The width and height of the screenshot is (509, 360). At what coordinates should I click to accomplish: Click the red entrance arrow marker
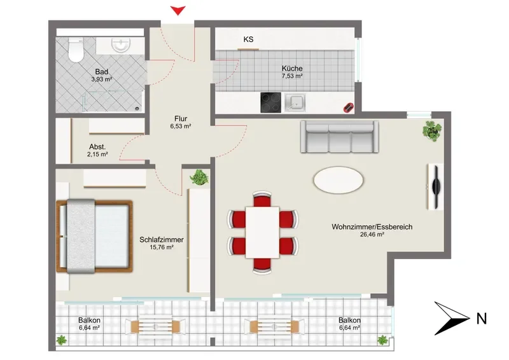pos(178,10)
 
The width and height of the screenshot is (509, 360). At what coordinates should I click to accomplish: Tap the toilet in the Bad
pos(76,50)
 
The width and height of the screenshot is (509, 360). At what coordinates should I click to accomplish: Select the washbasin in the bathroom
pos(121,45)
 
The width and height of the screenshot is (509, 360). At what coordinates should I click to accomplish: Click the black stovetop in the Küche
pos(271,102)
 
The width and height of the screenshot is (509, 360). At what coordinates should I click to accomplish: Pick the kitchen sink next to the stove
pos(295,102)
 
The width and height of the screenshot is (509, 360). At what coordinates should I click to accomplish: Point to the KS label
pos(248,39)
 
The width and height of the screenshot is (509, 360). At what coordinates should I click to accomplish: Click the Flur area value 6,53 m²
pos(181,127)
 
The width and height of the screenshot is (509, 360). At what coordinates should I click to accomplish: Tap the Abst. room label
pos(97,147)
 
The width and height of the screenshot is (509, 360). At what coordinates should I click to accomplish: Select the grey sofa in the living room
pos(339,137)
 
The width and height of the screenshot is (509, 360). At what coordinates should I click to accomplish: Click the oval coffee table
pos(338,180)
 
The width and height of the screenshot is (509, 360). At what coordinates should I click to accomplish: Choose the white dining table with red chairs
pos(262,232)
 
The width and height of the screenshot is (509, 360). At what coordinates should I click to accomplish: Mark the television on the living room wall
pos(436,186)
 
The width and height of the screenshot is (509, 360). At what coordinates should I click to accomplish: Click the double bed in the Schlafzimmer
pos(94,236)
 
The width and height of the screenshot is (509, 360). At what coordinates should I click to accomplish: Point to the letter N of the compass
pos(482,319)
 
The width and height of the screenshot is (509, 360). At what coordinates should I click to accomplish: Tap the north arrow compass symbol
pos(452,318)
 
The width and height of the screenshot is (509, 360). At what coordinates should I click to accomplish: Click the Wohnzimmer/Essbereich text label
pos(372,227)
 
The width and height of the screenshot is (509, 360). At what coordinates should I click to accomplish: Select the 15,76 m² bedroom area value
pos(162,247)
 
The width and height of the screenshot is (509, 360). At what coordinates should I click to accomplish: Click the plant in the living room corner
pos(432,130)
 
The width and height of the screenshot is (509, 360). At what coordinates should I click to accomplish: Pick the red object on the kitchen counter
pos(349,107)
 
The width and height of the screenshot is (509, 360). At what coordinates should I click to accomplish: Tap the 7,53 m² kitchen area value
pos(292,76)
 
